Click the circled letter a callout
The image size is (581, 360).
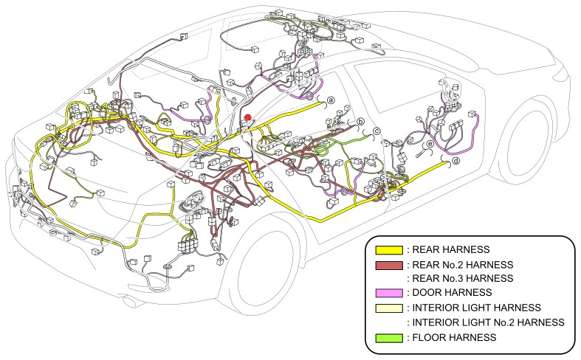click(x=331, y=101)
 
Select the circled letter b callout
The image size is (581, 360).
click(x=361, y=122)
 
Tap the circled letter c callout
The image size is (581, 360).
click(x=376, y=132)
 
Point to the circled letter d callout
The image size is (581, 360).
click(x=455, y=161)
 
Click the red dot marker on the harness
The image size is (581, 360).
click(x=247, y=117)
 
